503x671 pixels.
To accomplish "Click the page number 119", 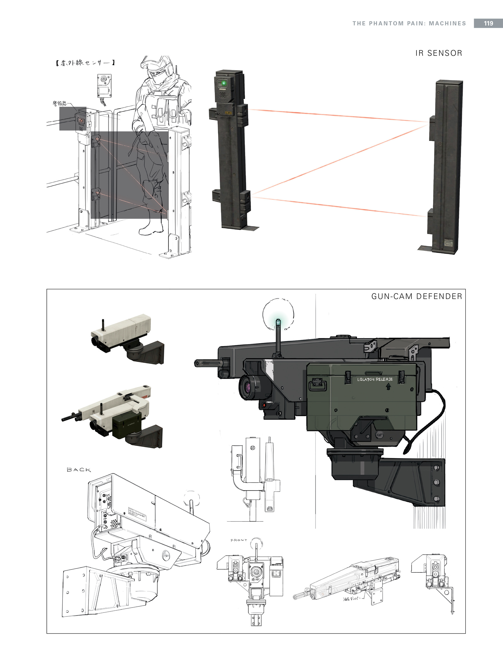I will click(x=488, y=23).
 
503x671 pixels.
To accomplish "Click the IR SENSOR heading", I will click(x=438, y=53).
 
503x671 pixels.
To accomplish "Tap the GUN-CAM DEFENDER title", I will click(x=417, y=296).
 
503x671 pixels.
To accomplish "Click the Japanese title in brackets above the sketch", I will click(x=85, y=63).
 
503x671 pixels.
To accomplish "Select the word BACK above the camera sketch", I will click(x=79, y=470).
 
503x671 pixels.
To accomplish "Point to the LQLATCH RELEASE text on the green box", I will click(x=375, y=379).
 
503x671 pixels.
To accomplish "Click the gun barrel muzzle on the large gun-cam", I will click(x=197, y=363).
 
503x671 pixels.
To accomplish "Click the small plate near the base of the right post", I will click(x=448, y=243).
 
